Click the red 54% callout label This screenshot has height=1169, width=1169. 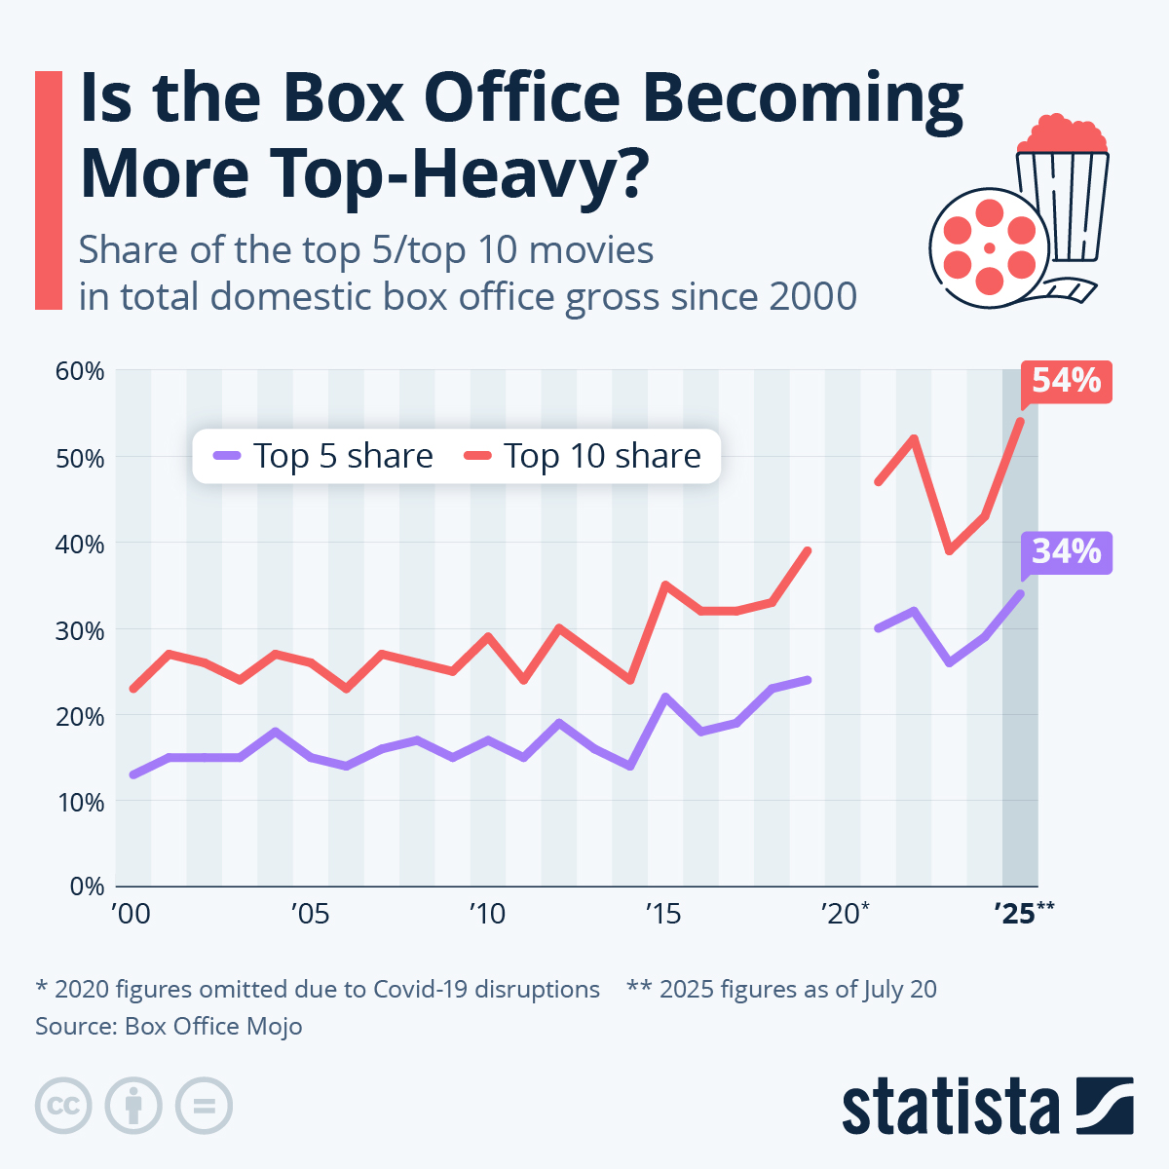(1066, 381)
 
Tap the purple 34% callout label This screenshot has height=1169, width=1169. (1066, 552)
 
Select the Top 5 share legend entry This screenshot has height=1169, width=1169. (322, 456)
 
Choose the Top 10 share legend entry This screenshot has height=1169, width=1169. (582, 456)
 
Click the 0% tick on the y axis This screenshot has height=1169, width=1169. (86, 886)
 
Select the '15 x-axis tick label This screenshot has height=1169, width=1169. (663, 914)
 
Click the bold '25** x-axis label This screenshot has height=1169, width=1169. (1024, 914)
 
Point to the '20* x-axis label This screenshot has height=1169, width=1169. (845, 914)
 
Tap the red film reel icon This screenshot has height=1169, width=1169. (988, 247)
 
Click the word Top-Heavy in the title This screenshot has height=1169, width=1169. (454, 172)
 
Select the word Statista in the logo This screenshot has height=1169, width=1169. (951, 1108)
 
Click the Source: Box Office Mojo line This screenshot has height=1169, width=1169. (169, 1027)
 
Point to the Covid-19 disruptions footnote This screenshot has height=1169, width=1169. (318, 990)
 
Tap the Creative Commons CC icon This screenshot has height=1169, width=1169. (63, 1107)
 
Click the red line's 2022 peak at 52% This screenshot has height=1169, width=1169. (914, 438)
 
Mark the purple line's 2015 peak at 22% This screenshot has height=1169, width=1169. (664, 697)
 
